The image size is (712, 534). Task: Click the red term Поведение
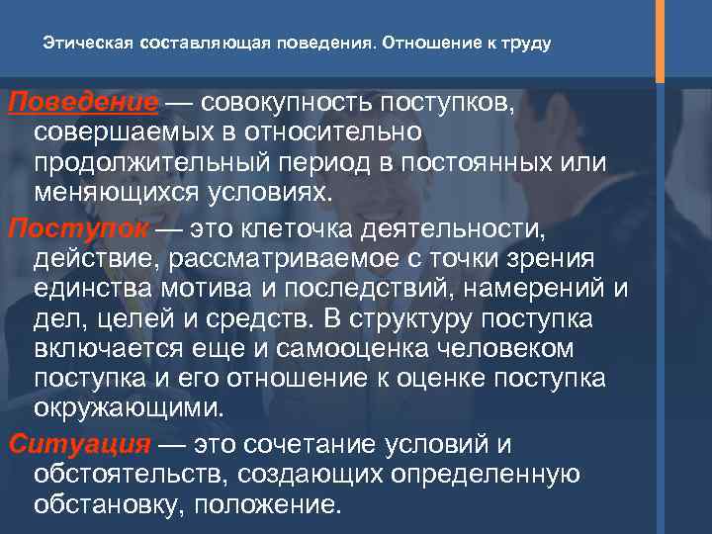(79, 104)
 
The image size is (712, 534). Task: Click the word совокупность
(294, 104)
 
